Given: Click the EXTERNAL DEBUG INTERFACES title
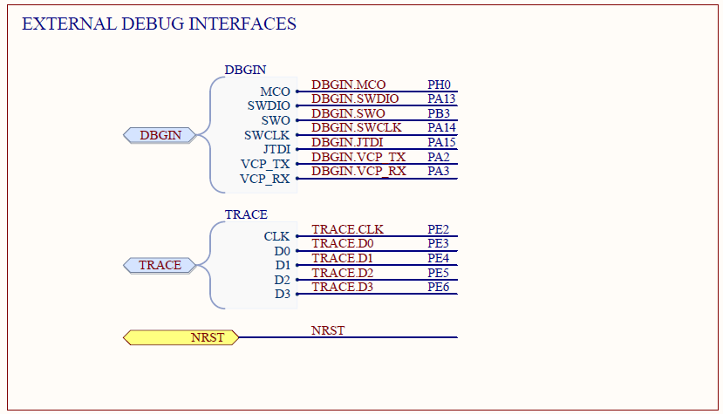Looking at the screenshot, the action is (x=159, y=24).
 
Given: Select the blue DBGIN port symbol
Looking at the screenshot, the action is (x=160, y=135).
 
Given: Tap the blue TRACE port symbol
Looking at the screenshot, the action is (x=160, y=265).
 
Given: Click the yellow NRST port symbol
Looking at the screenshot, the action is (x=181, y=337).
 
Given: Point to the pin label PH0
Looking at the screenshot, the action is (x=439, y=85).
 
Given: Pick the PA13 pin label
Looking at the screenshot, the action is (x=441, y=98).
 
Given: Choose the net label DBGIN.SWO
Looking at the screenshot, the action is (x=348, y=113).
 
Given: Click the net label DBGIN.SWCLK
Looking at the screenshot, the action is (x=357, y=127).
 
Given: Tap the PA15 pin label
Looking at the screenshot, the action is (x=441, y=142).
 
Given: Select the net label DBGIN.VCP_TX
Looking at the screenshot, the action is (x=358, y=157).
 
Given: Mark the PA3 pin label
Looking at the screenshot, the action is (x=438, y=171).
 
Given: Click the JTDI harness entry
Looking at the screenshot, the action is (x=276, y=149).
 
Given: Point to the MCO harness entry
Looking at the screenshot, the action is (x=276, y=92).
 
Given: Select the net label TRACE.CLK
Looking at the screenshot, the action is (x=348, y=229).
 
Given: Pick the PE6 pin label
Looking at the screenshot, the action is (x=438, y=287).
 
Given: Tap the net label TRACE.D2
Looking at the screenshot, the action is (x=343, y=273).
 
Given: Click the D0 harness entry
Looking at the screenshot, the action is (x=283, y=251).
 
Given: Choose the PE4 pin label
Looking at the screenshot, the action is (x=438, y=258).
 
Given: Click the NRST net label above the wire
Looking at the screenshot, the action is (x=328, y=330).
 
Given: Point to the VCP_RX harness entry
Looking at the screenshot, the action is (x=265, y=179).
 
